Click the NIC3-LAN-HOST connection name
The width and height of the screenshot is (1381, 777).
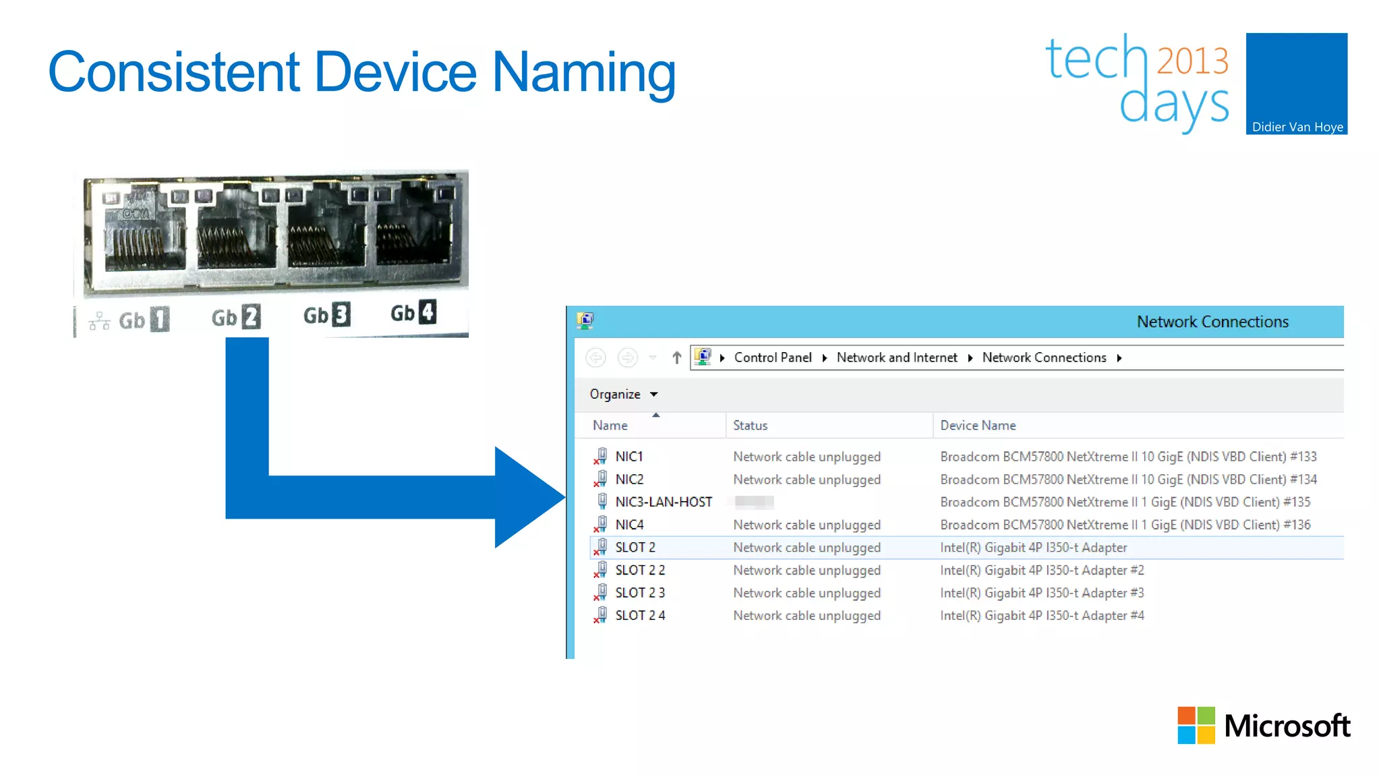coord(663,502)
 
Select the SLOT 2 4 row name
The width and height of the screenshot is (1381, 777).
coord(639,615)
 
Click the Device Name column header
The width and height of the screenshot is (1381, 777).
coord(978,426)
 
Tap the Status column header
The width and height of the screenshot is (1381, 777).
coord(750,426)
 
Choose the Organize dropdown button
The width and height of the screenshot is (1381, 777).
coord(623,394)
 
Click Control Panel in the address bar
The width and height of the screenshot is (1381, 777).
coord(773,357)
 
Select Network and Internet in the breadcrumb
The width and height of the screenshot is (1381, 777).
coord(896,357)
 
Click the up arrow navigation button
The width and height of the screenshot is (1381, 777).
coord(676,357)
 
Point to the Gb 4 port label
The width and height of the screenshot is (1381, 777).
coord(413,313)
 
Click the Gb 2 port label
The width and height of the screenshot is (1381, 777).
coord(235,317)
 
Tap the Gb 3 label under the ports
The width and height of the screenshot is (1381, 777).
coord(326,315)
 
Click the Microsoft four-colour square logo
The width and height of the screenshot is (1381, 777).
coord(1196,725)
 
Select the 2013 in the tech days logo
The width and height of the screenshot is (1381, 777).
coord(1192,61)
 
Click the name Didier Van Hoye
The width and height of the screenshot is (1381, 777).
coord(1297,127)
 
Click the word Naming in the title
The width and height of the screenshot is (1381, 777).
coord(583,72)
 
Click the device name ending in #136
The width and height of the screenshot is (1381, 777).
coord(1125,525)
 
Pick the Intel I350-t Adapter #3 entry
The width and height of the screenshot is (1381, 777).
coord(1042,593)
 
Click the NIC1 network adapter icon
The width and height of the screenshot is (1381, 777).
coord(600,457)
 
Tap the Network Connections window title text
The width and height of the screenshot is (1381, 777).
coord(1212,322)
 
